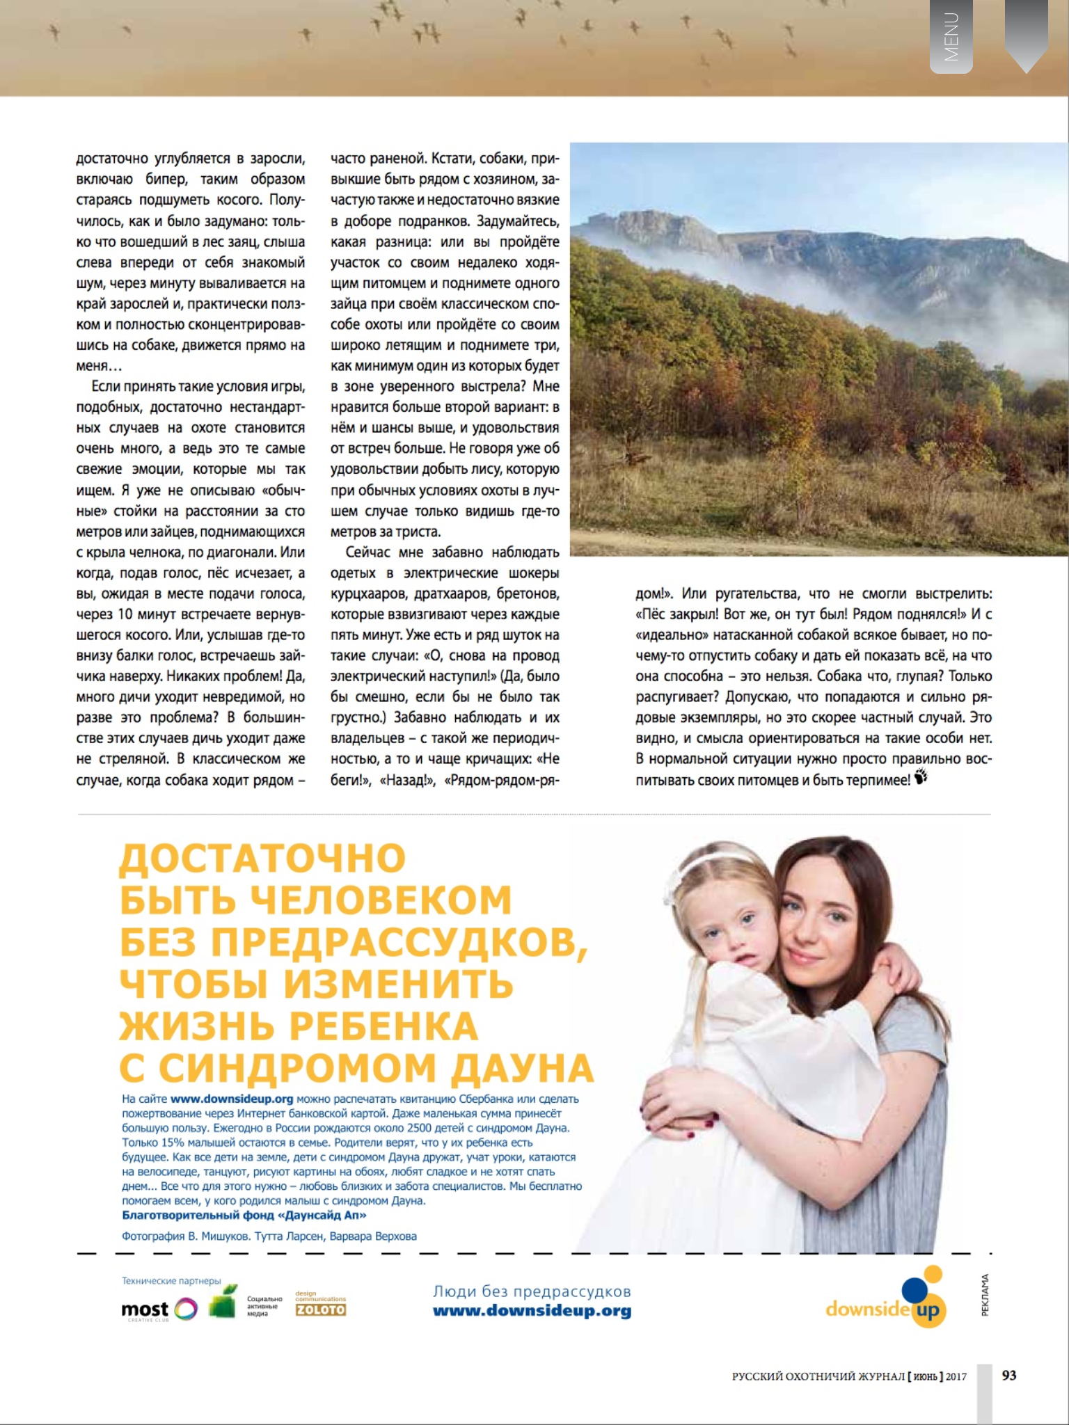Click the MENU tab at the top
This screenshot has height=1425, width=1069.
coord(951,37)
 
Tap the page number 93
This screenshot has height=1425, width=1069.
coord(1008,1375)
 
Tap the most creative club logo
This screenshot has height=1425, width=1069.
coord(159,1310)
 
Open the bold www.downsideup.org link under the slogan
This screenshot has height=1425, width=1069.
coord(532,1311)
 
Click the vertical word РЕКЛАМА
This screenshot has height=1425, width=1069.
coord(985,1295)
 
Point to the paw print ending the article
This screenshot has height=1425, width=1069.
coord(921,777)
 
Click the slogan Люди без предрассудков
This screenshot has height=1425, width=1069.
coord(532,1291)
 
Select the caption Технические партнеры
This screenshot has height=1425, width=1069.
coord(171,1281)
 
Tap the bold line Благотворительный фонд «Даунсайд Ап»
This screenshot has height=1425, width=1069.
coord(244,1215)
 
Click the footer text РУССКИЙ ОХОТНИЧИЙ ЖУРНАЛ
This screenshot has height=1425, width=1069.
coord(818,1376)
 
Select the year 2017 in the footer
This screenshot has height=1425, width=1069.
coord(956,1376)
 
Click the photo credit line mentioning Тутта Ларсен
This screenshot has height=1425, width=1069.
coord(269,1236)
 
